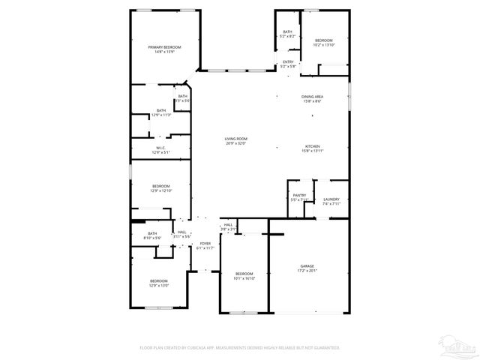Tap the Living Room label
click(x=235, y=139)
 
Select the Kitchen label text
click(x=313, y=145)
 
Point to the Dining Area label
click(x=313, y=97)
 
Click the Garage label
click(x=307, y=266)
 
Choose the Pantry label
click(x=298, y=196)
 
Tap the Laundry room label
click(x=331, y=199)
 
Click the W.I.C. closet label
click(x=161, y=148)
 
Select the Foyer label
click(x=205, y=244)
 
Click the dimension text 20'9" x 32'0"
click(x=235, y=143)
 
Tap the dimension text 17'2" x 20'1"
click(x=307, y=271)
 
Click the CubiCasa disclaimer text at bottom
click(x=240, y=347)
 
